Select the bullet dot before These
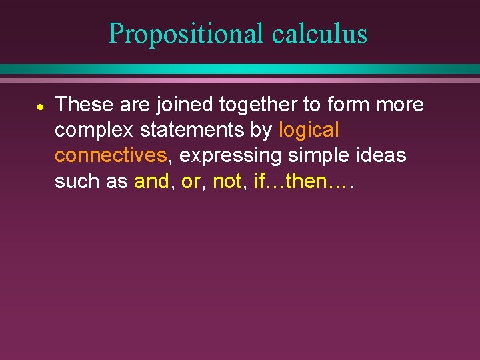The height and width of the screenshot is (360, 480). point(40,107)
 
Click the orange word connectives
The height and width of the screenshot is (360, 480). point(110,155)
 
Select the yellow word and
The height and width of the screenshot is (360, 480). point(151,181)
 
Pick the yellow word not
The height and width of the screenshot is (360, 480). point(227,181)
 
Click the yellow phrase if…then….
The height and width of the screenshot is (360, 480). point(303,181)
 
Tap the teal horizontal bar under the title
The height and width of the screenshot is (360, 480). point(240,69)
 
